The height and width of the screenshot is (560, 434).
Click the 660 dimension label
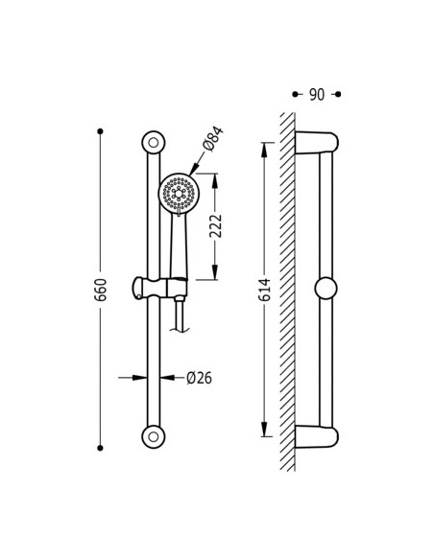[x=101, y=290]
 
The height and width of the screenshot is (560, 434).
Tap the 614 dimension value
[x=265, y=290]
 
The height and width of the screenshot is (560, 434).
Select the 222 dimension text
[x=216, y=226]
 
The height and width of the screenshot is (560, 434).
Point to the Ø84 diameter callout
[x=213, y=139]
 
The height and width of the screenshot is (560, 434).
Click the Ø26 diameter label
[x=199, y=378]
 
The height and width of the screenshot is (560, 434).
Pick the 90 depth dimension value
[x=317, y=95]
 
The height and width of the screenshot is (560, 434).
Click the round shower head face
[x=179, y=194]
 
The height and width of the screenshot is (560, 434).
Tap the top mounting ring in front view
[x=154, y=143]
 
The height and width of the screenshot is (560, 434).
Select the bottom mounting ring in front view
[x=154, y=437]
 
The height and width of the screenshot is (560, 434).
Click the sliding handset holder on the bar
[x=159, y=288]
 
